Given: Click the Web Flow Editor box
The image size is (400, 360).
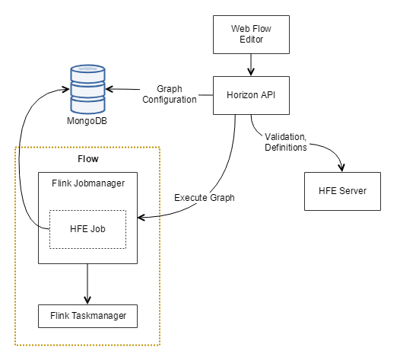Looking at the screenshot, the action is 251,34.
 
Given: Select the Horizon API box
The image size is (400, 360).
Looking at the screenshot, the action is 251,95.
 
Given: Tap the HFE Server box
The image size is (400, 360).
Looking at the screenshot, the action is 342,191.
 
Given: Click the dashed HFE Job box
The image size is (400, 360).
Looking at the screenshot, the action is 87,229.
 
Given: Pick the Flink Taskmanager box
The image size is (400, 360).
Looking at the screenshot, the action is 87,316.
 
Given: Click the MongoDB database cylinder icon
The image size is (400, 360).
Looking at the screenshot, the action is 87,89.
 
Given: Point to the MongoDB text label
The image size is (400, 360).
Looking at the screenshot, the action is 87,121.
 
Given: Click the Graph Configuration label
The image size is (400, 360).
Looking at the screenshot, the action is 170,94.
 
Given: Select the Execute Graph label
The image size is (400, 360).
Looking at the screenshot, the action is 205,198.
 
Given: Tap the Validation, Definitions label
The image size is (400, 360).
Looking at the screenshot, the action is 286,142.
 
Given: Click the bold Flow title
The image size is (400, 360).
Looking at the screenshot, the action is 88,159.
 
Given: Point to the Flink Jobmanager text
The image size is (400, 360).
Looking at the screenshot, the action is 88,183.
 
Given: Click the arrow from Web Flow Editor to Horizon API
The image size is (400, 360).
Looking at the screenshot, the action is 251,65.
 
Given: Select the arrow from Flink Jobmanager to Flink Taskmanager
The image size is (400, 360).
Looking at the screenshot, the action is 87,284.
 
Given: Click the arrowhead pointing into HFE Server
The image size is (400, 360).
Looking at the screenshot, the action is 341,167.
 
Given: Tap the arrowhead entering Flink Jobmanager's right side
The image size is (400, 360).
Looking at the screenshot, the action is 141,218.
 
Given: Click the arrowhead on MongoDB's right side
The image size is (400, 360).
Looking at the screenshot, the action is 110,89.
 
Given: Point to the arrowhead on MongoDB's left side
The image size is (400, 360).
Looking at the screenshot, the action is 66,89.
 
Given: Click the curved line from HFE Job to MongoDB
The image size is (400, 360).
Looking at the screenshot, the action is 19,158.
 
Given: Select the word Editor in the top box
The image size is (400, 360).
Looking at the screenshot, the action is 251,40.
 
